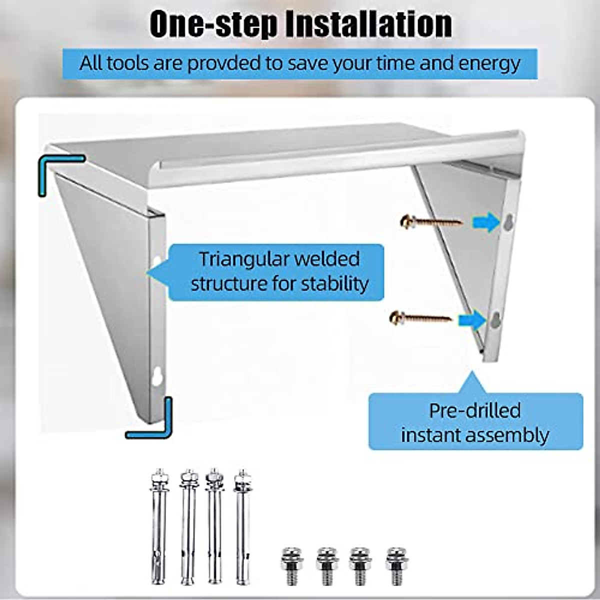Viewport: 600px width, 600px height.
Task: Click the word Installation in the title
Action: [368, 23]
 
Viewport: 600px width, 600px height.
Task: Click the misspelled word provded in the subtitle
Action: [224, 63]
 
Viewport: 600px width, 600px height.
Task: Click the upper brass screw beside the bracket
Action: [431, 221]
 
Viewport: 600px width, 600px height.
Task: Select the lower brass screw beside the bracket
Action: [420, 317]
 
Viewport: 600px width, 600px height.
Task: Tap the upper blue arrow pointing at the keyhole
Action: [486, 221]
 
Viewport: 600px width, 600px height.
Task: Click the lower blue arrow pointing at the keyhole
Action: [473, 319]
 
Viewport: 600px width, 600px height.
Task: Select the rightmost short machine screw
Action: [396, 565]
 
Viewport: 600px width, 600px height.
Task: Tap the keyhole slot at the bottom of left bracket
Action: [157, 376]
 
